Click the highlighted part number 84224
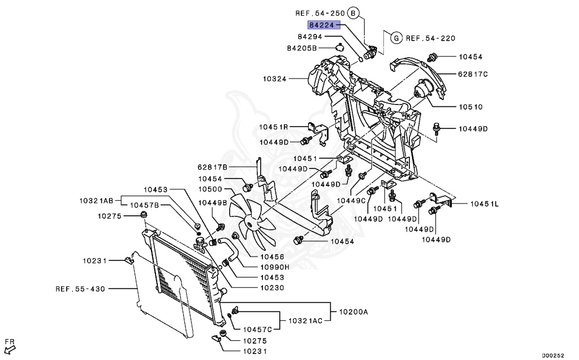[323, 25]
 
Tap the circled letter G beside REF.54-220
[396, 38]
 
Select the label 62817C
[473, 73]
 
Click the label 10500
[210, 189]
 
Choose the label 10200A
[353, 311]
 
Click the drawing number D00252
[553, 355]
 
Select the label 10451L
[485, 203]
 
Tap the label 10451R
[274, 127]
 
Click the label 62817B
[212, 167]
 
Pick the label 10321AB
[96, 200]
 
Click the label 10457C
[257, 329]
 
